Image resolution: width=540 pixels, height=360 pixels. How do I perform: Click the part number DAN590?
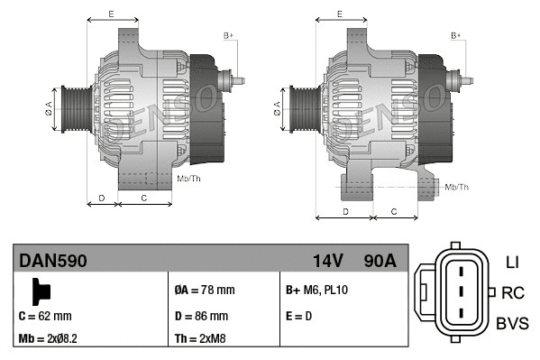click(x=53, y=261)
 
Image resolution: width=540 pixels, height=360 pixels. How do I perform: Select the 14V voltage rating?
click(x=327, y=261)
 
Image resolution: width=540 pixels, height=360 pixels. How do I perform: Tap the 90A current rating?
click(x=378, y=261)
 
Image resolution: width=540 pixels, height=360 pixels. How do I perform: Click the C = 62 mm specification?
click(x=45, y=316)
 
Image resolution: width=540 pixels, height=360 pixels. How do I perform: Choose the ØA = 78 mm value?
click(x=204, y=291)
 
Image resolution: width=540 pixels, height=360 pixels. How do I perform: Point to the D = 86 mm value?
click(x=200, y=316)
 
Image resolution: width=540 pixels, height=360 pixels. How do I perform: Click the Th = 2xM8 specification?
click(x=199, y=339)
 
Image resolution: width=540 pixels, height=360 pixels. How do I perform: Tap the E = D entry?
click(x=300, y=316)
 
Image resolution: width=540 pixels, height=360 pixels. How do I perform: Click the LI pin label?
click(x=511, y=263)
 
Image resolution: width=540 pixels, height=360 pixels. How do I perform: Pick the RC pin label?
click(x=512, y=292)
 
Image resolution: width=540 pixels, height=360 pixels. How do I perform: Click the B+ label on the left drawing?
click(x=228, y=35)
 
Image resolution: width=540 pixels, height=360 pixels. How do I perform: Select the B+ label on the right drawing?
click(x=456, y=35)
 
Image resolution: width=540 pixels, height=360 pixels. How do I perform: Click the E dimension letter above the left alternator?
click(x=110, y=14)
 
